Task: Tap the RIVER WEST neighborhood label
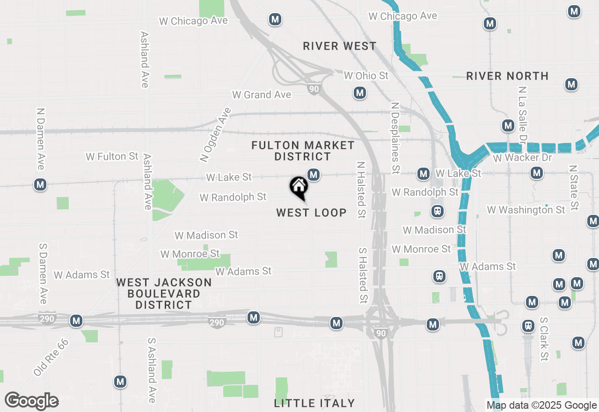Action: (339, 46)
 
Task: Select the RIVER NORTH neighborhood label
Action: (507, 76)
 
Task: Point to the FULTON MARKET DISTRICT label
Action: (303, 151)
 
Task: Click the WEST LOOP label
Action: (311, 213)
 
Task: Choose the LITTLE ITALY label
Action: (314, 403)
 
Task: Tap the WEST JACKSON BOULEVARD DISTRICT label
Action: (164, 294)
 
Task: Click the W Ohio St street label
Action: (366, 75)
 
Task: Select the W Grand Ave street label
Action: (262, 95)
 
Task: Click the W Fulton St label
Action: (112, 156)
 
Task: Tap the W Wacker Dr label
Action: (522, 157)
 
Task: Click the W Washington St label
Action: (526, 210)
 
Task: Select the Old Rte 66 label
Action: (51, 357)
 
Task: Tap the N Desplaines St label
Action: (395, 138)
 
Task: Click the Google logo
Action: (32, 401)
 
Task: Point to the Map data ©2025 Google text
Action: (541, 405)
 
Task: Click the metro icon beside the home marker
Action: (314, 175)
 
